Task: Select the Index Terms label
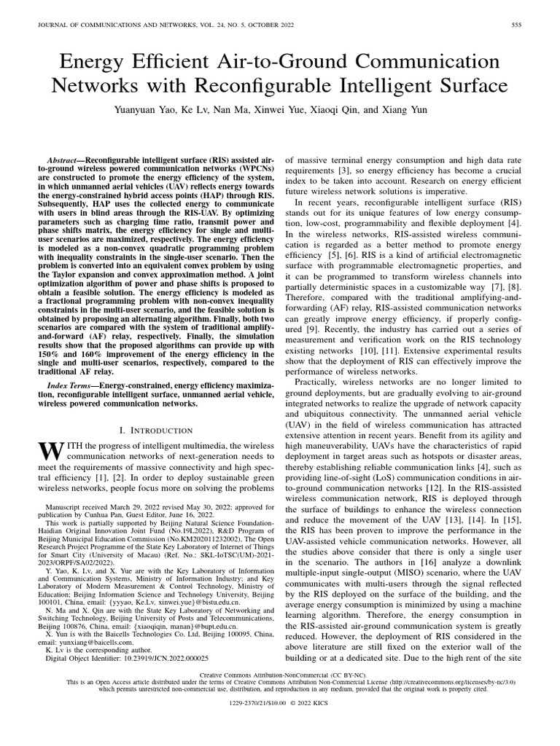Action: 72,384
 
